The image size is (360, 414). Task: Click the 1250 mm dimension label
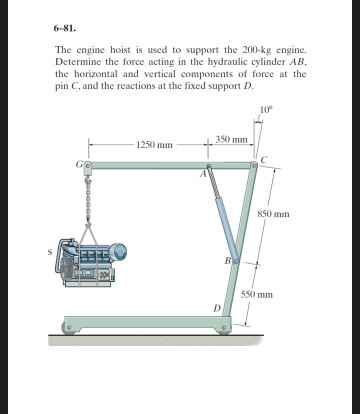[x=154, y=146]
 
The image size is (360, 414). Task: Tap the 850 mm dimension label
[x=273, y=214]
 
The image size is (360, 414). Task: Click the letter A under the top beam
[x=200, y=176]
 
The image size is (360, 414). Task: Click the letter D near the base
[x=215, y=308]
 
